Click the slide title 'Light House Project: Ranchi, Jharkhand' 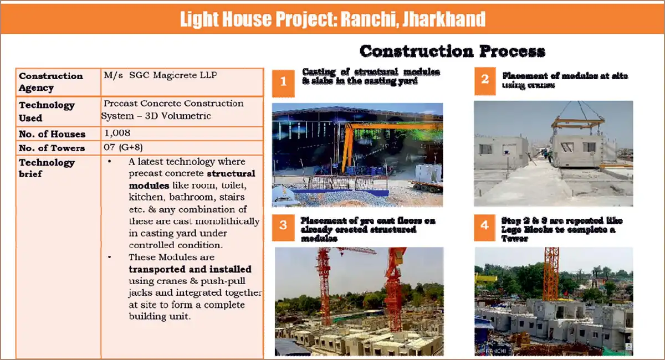332,19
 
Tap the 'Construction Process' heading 452,52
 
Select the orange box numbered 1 283,82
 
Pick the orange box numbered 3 283,225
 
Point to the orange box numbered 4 485,226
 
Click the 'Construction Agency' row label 51,82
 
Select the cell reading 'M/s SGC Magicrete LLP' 160,75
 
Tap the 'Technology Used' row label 47,111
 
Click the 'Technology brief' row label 47,168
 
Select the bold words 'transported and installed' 190,269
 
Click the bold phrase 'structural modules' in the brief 188,179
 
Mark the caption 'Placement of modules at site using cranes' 565,80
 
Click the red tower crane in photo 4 551,274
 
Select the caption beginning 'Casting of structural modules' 371,76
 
